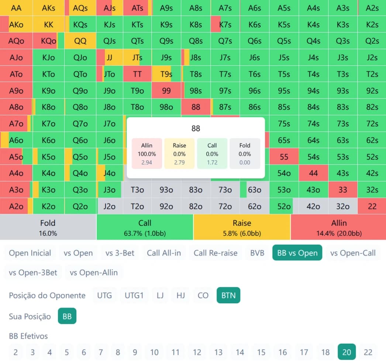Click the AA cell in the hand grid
tap(16, 8)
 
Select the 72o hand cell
tap(225, 206)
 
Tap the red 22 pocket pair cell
tap(372, 206)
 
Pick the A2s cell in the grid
tap(372, 8)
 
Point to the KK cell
tap(48, 25)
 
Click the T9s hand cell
tap(166, 74)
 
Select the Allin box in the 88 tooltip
tap(147, 154)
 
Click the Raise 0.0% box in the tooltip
tap(179, 154)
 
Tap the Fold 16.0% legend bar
tap(48, 227)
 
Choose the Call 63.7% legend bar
tap(145, 227)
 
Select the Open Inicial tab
tap(30, 253)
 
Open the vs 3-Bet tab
tap(120, 253)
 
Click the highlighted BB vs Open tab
tap(297, 253)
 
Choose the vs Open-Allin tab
tap(94, 273)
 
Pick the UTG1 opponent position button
tap(134, 295)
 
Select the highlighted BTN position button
tap(228, 295)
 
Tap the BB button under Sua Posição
tap(67, 316)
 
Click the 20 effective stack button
tap(347, 352)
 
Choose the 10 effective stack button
tap(154, 352)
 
